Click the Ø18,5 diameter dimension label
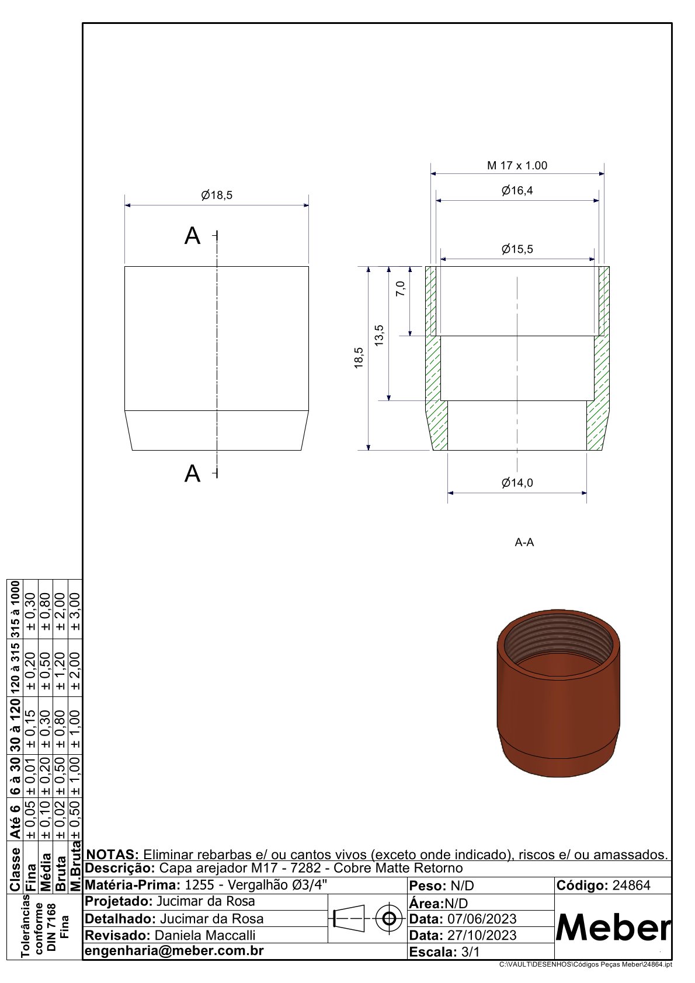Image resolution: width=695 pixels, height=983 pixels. [217, 196]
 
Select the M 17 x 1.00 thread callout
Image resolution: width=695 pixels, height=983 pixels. [517, 165]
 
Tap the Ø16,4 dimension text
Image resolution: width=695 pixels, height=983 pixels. [517, 190]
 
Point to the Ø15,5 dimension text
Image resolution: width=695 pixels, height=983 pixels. [517, 249]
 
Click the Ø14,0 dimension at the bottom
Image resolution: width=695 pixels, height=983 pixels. [517, 483]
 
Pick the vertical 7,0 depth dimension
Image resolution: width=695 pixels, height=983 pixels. [401, 288]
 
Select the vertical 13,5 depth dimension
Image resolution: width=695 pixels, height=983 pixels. [379, 335]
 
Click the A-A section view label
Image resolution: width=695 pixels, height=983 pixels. [524, 542]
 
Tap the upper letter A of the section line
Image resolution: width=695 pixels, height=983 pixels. [192, 236]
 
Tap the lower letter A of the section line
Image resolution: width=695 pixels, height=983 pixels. [192, 473]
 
